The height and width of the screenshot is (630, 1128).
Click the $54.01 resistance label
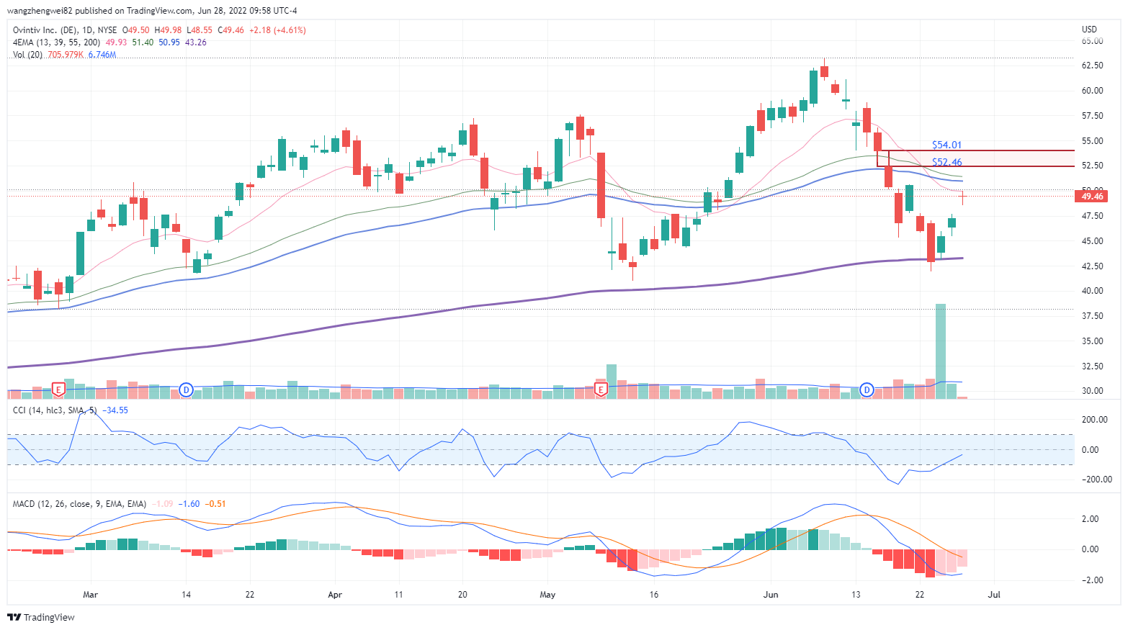946,145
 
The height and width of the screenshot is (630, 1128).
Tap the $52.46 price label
946,162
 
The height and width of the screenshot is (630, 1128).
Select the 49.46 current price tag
1092,197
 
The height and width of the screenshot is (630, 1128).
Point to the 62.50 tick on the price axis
1092,66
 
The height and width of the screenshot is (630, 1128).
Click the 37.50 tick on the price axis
1092,316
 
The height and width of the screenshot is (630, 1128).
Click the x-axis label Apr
334,595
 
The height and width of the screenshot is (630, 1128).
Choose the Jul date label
994,595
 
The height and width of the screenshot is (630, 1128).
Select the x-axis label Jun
771,595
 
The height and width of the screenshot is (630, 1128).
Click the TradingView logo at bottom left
41,617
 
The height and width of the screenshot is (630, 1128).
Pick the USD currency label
1089,30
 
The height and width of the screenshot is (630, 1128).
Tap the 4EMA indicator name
23,42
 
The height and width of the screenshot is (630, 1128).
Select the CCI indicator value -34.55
115,410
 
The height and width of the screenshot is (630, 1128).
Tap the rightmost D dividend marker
867,390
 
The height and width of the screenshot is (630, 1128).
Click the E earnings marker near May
600,390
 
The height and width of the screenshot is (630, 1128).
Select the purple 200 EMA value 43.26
196,42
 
